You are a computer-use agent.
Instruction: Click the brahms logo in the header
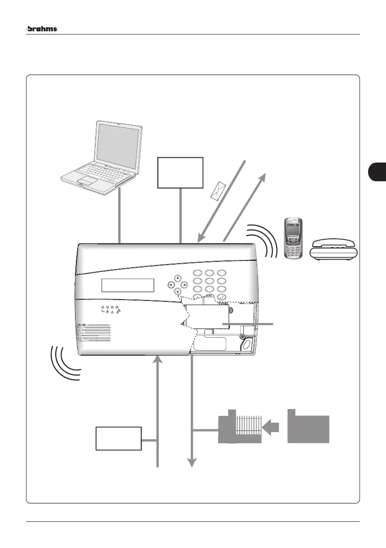(x=42, y=29)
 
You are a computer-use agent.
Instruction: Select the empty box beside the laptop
(x=180, y=172)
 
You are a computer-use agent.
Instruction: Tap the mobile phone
(x=293, y=238)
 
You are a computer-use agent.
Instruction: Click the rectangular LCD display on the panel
(x=127, y=285)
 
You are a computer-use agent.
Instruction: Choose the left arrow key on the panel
(x=171, y=285)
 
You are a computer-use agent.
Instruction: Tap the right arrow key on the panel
(x=184, y=285)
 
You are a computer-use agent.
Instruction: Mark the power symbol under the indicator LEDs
(x=107, y=312)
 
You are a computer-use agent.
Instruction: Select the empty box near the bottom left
(x=118, y=438)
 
